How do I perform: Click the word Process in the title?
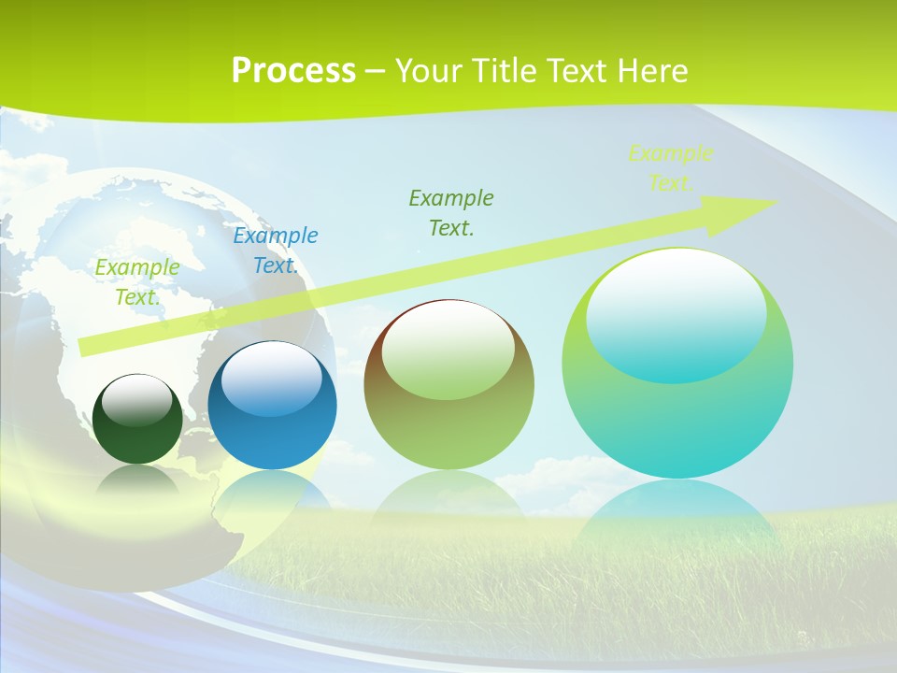click(293, 70)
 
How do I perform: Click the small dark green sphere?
click(137, 439)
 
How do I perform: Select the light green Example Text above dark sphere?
click(136, 281)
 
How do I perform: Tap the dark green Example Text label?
click(451, 212)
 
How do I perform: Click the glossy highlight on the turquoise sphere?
click(676, 316)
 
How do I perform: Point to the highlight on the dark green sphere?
click(137, 400)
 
